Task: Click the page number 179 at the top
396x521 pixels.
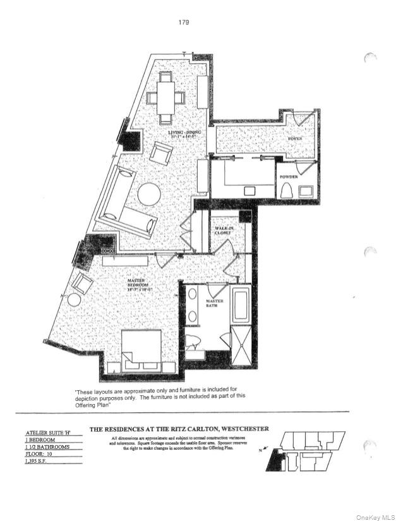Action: click(x=184, y=22)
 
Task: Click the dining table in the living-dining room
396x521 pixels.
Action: click(x=166, y=97)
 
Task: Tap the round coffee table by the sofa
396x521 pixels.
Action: click(x=150, y=194)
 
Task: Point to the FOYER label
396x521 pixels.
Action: click(x=296, y=138)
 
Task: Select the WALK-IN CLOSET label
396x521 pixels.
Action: click(x=224, y=230)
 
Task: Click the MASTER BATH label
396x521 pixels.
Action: click(x=215, y=304)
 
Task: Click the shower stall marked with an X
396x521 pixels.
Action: click(x=241, y=348)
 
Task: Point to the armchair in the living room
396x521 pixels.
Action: click(x=161, y=153)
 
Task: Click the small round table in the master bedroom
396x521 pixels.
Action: click(x=74, y=299)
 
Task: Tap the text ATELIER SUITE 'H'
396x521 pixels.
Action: click(x=47, y=432)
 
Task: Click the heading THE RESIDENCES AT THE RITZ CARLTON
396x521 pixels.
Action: click(x=179, y=429)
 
